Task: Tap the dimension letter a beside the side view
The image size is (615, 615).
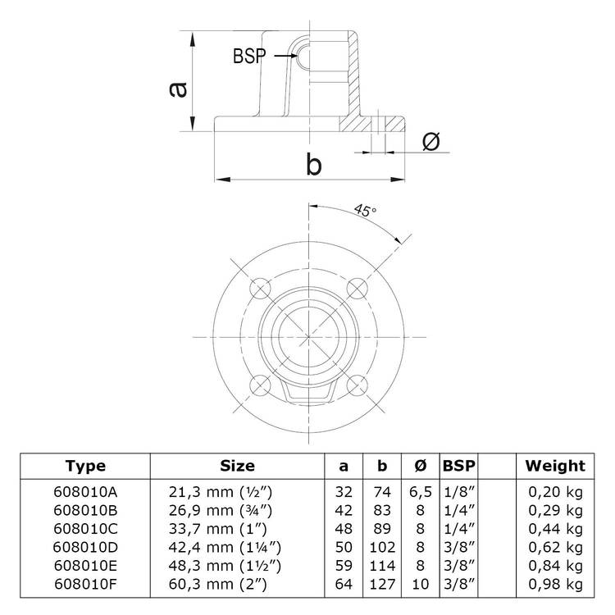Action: coord(176,89)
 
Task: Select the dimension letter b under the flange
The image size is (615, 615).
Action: coord(312,165)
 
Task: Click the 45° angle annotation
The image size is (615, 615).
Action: coord(365,210)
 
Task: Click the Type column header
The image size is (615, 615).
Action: coord(86,466)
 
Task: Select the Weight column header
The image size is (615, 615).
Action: coord(555,466)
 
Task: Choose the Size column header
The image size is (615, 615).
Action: coord(238,466)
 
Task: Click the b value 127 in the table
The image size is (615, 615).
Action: coord(381,583)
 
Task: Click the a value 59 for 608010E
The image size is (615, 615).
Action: coord(344,564)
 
